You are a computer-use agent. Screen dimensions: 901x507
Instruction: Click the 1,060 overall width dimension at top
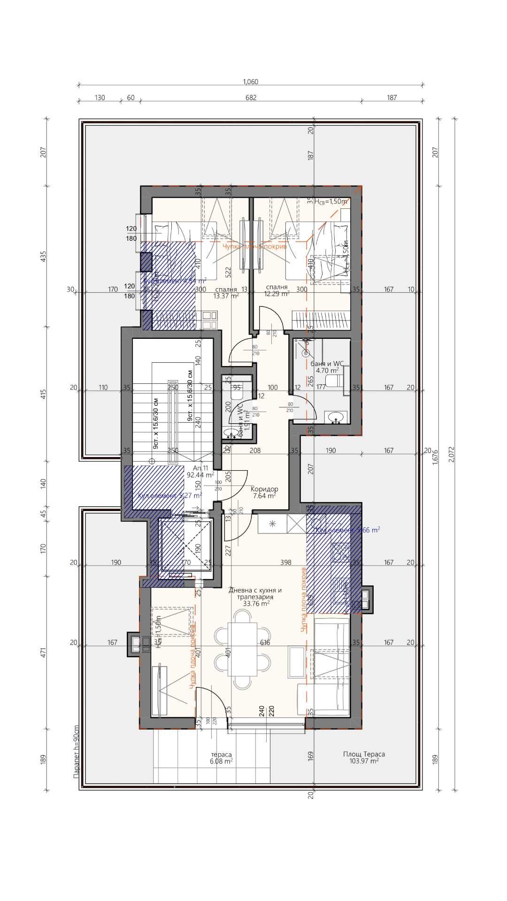coord(250,82)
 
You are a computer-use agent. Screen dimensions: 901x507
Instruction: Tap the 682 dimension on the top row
coord(251,98)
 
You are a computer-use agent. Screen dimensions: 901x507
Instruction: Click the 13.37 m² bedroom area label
coord(226,292)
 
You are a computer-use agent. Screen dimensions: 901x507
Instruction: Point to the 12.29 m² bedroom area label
coord(277,290)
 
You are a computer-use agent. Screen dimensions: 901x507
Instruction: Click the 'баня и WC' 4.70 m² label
coord(327,367)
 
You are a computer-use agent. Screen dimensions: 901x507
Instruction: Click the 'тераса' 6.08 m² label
coord(221,758)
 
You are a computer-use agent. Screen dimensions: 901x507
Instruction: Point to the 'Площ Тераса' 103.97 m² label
coord(364,757)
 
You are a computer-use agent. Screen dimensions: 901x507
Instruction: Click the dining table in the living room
coord(242,649)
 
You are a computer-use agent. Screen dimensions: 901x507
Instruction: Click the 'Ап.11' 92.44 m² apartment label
coord(200,472)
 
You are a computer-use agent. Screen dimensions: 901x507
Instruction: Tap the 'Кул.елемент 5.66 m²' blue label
coord(347,530)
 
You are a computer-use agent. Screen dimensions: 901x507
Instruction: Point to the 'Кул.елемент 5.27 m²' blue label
coord(170,496)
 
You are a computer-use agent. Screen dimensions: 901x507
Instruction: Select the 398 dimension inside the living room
coord(285,562)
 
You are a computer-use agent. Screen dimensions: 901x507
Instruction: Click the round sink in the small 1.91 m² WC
coord(230,433)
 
